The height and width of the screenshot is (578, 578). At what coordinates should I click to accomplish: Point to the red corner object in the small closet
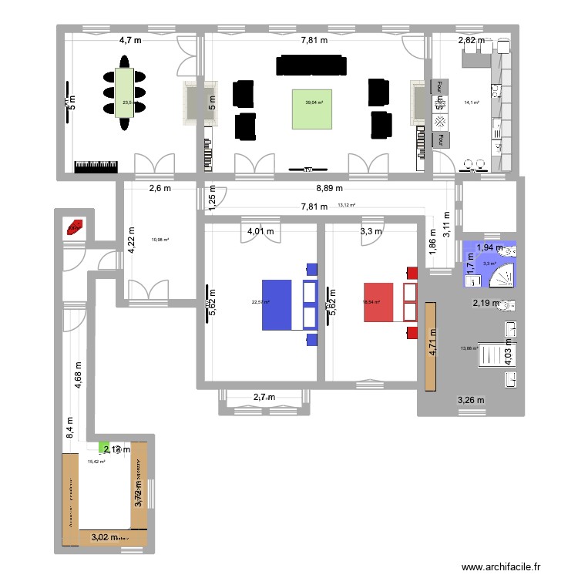coord(75,227)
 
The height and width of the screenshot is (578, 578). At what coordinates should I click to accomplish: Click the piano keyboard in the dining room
coord(96,166)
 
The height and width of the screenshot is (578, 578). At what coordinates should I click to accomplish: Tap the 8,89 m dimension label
coord(328,188)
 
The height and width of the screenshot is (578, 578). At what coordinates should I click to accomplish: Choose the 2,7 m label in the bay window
coord(265,398)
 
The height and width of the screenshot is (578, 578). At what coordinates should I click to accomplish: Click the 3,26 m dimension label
coord(470,400)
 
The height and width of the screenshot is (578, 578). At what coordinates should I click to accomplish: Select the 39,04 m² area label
coord(315,102)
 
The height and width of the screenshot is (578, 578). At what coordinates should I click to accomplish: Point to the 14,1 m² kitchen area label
coord(472,102)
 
